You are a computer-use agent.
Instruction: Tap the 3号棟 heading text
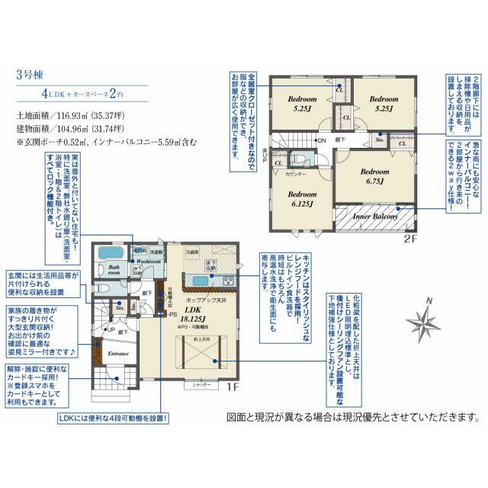[x=28, y=75]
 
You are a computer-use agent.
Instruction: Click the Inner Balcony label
[x=373, y=217]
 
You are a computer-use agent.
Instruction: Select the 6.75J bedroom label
[x=374, y=177]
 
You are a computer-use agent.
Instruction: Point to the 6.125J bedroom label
[x=302, y=199]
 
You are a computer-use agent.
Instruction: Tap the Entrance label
[x=117, y=354]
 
